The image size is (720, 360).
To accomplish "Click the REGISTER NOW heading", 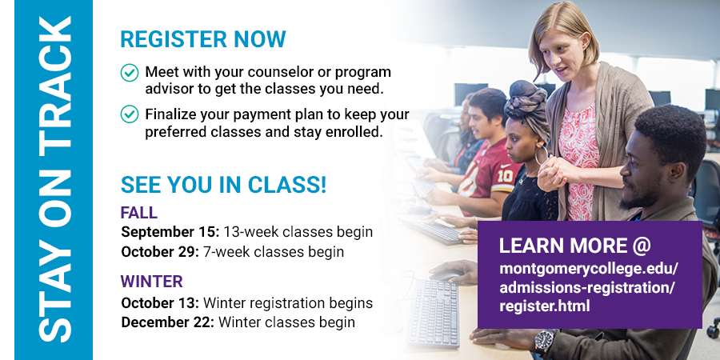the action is click(x=203, y=39).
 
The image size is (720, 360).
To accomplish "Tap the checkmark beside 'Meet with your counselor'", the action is click(x=130, y=73).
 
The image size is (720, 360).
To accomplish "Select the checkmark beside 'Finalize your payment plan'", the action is click(x=130, y=114).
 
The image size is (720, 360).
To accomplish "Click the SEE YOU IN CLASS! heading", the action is click(x=224, y=185).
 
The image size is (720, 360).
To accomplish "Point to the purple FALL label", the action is click(x=139, y=213).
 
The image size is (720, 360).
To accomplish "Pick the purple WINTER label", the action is click(x=151, y=281).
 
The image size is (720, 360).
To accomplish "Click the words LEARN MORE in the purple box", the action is click(x=563, y=246).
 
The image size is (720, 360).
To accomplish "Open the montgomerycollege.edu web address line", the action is click(x=589, y=269).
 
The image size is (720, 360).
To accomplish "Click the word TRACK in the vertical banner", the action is click(x=55, y=82).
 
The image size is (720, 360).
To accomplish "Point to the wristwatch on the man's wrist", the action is click(x=545, y=341).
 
